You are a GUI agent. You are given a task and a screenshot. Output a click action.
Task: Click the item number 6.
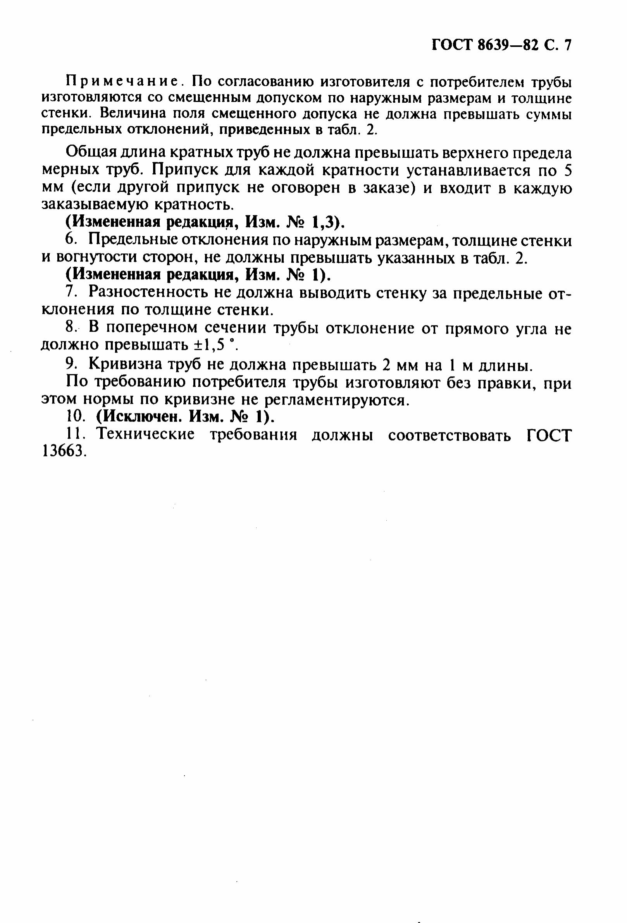click(70, 240)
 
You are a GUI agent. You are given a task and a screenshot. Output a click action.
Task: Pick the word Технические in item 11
click(146, 435)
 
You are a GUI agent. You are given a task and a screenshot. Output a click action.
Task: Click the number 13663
click(64, 452)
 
